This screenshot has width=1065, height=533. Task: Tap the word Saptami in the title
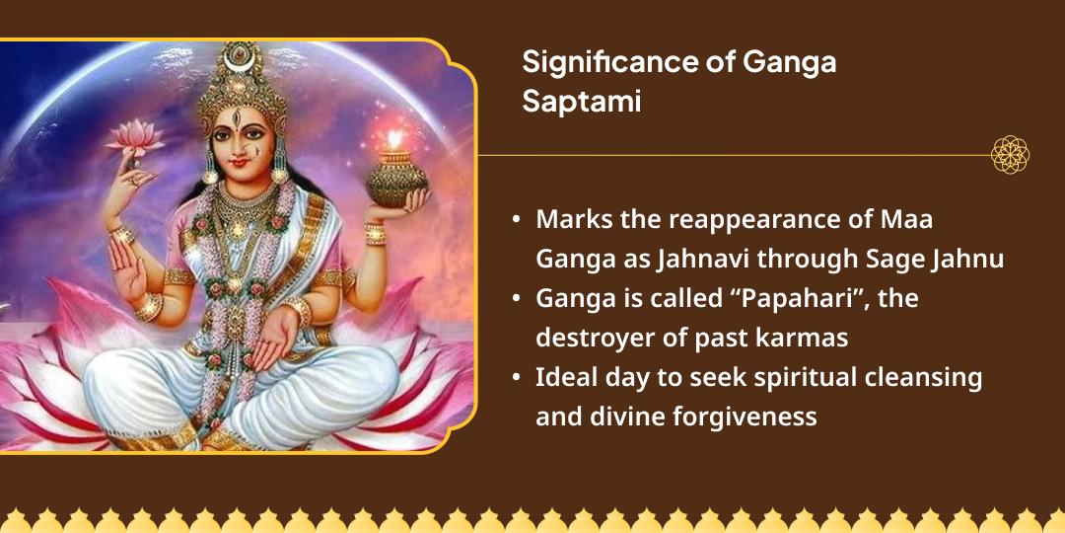pos(582,101)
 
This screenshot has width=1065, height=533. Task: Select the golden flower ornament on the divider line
pos(1010,155)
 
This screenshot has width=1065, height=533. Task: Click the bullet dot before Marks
pos(517,218)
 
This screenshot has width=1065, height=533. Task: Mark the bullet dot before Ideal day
pos(517,378)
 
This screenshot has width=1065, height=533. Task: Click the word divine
pos(626,416)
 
